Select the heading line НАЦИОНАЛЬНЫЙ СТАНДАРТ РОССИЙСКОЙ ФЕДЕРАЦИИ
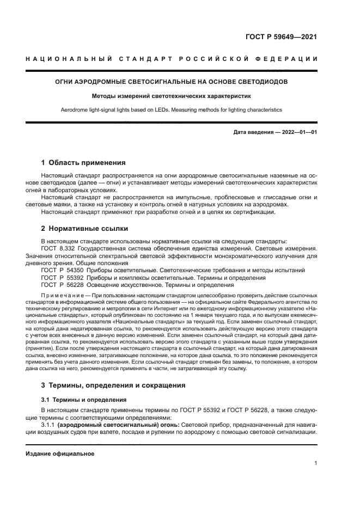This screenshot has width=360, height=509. pos(172,58)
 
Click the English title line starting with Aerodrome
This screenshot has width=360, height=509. pos(172,109)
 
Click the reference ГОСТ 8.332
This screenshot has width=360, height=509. pos(57,248)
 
